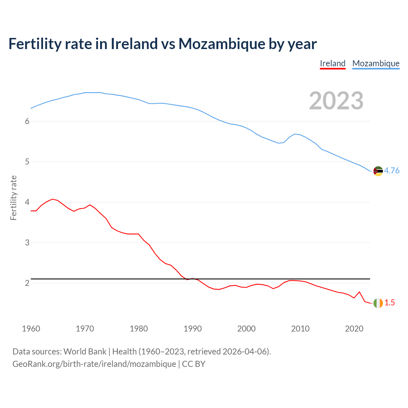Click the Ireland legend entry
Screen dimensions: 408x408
click(x=332, y=63)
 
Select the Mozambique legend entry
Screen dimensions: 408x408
click(x=376, y=63)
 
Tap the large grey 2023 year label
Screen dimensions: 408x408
click(x=336, y=101)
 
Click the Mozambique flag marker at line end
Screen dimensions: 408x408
click(x=378, y=171)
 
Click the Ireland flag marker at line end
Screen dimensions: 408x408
click(x=378, y=303)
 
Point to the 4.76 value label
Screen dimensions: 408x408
click(x=392, y=171)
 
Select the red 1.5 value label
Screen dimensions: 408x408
click(x=390, y=303)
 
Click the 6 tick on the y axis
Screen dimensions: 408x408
click(x=27, y=121)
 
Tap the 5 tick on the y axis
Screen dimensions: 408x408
click(x=27, y=162)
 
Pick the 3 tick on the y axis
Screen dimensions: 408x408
click(x=27, y=243)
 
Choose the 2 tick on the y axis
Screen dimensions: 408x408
click(x=27, y=283)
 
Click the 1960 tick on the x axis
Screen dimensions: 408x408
click(x=31, y=329)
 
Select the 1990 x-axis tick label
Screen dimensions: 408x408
click(x=193, y=329)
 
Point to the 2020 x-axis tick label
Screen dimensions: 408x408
click(x=354, y=329)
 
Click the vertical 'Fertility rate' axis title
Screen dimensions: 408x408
click(x=13, y=198)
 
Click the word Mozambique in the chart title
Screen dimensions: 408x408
click(x=222, y=44)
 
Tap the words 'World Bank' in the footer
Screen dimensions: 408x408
click(x=85, y=352)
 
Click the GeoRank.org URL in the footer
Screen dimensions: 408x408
click(x=94, y=364)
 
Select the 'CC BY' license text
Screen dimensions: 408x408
click(x=193, y=364)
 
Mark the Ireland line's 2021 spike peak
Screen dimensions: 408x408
click(x=360, y=292)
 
